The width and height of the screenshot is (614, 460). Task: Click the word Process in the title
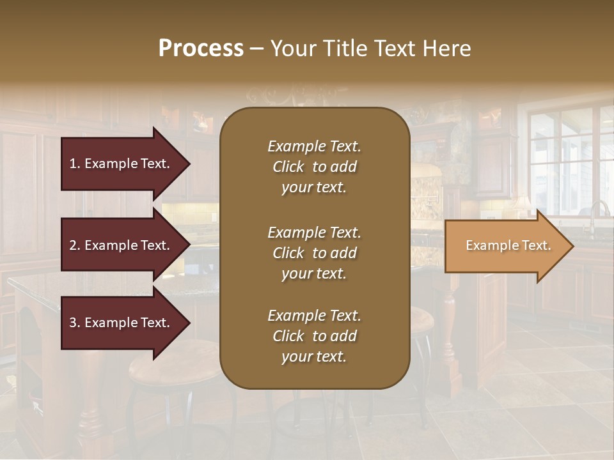click(201, 49)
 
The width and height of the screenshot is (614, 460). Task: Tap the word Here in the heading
click(445, 49)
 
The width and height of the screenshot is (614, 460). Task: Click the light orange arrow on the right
click(505, 246)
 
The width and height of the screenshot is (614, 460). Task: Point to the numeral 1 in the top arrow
click(73, 164)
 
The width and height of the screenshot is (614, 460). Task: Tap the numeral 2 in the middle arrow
click(73, 245)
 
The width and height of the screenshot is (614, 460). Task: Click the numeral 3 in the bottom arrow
click(73, 323)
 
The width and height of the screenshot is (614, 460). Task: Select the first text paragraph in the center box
click(314, 167)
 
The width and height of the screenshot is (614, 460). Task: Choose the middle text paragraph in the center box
click(314, 253)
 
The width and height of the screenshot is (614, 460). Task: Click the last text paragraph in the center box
click(314, 336)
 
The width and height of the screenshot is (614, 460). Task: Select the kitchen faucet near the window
click(597, 214)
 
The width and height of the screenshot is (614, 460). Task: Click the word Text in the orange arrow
click(537, 246)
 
